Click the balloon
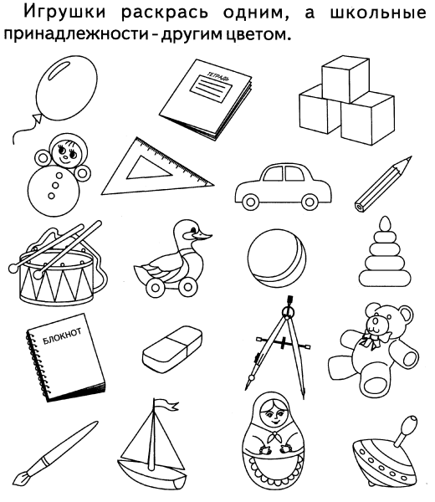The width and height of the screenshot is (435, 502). point(66,88)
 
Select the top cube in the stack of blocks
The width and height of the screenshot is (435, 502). point(345,79)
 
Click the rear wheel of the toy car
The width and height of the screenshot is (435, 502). point(250,202)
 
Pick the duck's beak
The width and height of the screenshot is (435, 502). point(203,236)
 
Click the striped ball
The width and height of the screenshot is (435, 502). point(277,259)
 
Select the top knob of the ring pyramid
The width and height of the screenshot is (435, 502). point(385,223)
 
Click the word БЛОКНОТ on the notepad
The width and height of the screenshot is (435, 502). point(62,336)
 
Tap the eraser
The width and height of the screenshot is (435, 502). point(172,349)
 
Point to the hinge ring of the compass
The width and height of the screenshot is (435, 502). point(289,311)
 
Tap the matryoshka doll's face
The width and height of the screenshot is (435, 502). point(272,416)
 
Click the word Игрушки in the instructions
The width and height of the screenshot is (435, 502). point(65,13)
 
